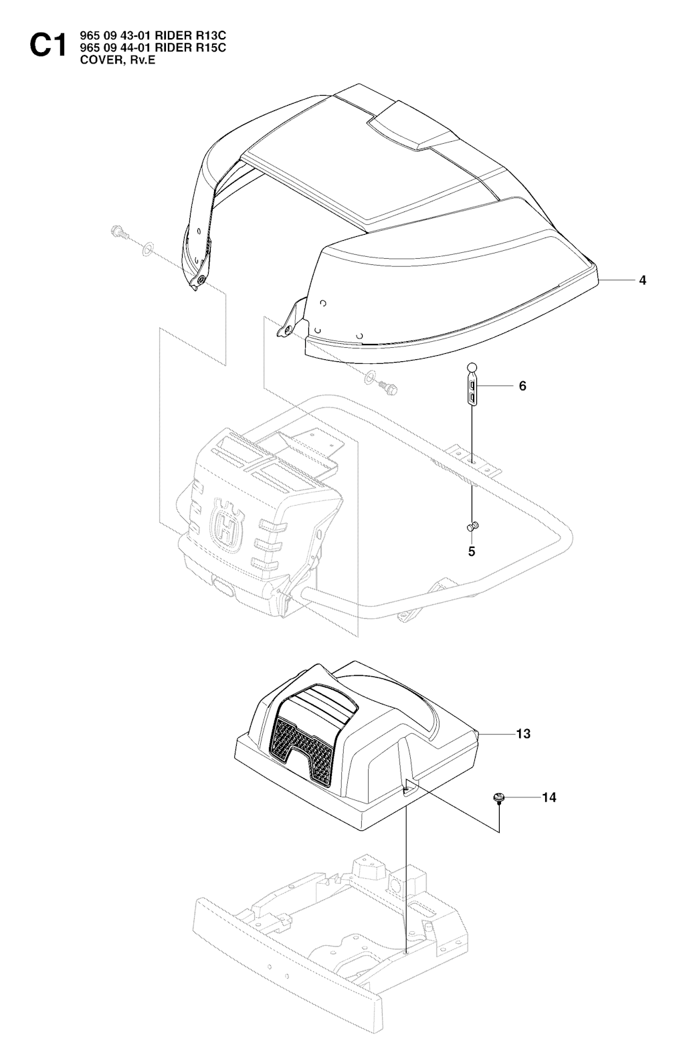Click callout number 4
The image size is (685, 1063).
point(642,280)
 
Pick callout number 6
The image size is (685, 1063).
point(522,386)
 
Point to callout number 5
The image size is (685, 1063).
point(472,552)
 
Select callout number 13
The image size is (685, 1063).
point(523,734)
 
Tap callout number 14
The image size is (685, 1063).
point(549,797)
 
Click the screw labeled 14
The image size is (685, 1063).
point(498,797)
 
